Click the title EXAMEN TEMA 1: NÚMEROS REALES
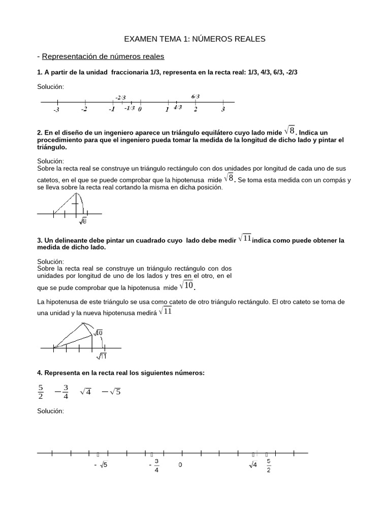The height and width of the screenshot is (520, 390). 195,39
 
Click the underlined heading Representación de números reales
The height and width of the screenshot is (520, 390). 103,56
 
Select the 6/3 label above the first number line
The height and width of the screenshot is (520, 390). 196,96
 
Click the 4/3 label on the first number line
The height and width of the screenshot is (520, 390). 178,107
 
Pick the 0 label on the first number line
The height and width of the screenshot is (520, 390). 140,109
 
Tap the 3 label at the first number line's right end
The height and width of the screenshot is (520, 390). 223,109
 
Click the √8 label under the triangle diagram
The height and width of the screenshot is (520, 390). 83,220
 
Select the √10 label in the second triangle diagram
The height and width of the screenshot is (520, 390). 98,333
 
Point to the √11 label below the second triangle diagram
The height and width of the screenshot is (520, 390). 102,356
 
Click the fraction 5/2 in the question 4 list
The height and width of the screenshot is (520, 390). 41,392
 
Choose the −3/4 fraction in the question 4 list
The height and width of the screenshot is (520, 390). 61,392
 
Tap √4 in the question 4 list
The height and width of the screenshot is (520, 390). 85,392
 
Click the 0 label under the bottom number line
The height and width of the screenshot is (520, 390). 180,465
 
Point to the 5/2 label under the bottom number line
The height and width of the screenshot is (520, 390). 269,465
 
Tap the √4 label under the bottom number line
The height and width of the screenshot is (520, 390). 253,465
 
